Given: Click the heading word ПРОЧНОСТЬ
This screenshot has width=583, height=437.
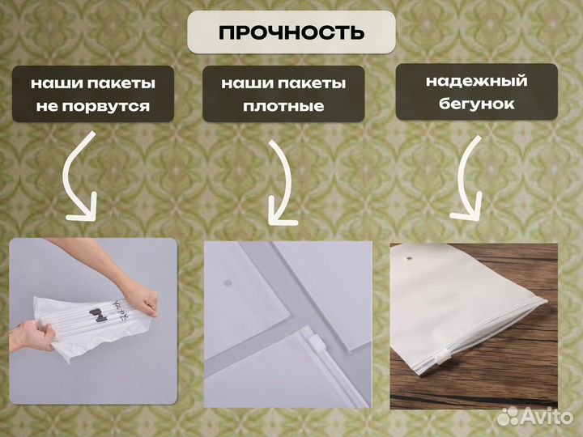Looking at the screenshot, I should click(x=291, y=32).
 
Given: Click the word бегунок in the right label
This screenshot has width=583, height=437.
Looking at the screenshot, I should click(x=476, y=104).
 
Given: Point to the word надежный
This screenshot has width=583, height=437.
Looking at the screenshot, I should click(x=476, y=81).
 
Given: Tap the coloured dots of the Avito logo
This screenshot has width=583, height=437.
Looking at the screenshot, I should click(x=509, y=416).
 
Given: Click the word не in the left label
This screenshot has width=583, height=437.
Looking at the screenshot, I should click(x=48, y=107).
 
